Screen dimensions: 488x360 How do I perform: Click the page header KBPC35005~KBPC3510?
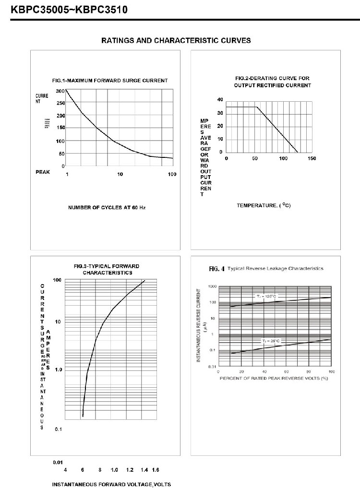pos(66,8)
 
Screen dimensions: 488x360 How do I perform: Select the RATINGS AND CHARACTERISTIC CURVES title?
pos(176,41)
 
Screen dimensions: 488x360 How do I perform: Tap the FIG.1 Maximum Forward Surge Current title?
pos(110,81)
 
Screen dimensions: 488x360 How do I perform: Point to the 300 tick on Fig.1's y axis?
pos(60,91)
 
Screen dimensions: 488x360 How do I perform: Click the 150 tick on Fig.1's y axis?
pos(60,128)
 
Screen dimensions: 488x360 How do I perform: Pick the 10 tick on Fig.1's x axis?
pos(120,174)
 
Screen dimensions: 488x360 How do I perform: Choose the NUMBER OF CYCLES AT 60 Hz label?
pos(107,208)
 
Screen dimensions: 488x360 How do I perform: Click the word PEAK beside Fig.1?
pos(43,171)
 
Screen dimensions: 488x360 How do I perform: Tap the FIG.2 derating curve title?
pos(272,82)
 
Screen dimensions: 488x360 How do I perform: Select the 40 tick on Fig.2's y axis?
pos(220,99)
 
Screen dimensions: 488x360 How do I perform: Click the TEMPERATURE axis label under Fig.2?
pos(264,205)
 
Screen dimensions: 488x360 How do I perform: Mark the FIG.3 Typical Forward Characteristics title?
pos(107,269)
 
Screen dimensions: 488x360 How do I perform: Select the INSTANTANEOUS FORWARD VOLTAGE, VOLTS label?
pos(111,484)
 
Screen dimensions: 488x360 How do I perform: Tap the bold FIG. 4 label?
pos(216,269)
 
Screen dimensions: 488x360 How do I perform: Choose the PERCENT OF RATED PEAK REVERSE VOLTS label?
pos(274,378)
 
